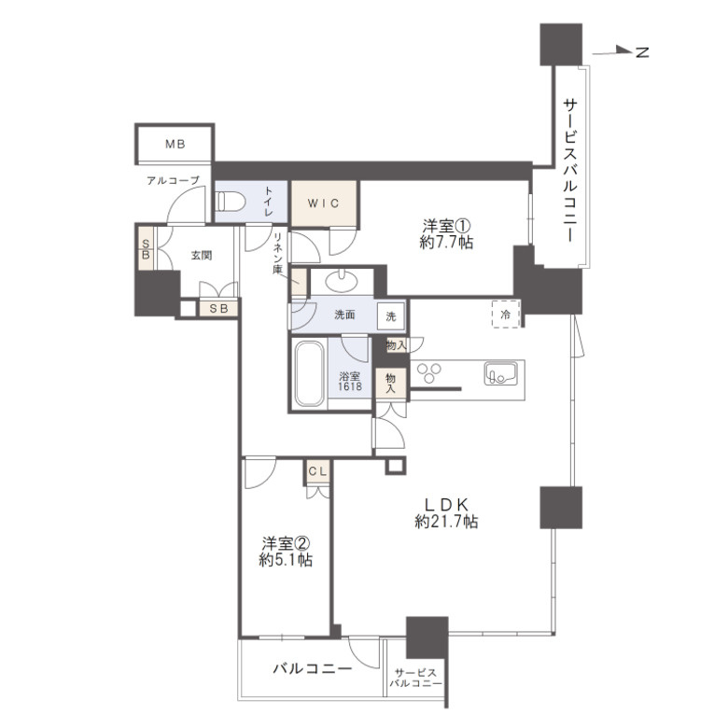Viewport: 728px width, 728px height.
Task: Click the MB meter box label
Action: (x=175, y=145)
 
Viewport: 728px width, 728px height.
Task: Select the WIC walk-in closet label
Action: (x=323, y=203)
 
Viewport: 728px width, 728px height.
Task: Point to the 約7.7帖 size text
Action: (x=446, y=243)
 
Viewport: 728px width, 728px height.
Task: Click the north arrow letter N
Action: (x=641, y=52)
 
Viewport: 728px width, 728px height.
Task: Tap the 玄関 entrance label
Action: (x=202, y=256)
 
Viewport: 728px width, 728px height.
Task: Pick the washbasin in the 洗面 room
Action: (x=342, y=281)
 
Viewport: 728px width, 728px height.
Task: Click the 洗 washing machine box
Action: (x=391, y=316)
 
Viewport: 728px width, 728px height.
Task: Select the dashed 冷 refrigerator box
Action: (x=506, y=315)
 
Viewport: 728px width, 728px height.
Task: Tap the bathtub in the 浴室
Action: (x=310, y=374)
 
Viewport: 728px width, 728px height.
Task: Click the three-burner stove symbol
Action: (x=429, y=373)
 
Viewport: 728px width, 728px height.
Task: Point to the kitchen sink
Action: (x=500, y=373)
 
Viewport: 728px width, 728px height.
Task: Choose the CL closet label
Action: (x=317, y=471)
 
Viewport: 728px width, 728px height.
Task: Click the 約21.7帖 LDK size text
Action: (x=446, y=522)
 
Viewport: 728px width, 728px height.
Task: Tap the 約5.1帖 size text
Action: (x=286, y=560)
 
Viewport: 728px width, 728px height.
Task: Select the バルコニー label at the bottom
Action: (x=312, y=668)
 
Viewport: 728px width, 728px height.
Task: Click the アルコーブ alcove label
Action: (x=173, y=180)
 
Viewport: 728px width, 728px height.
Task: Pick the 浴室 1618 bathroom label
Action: (x=350, y=381)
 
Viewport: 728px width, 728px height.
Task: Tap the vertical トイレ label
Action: (x=269, y=202)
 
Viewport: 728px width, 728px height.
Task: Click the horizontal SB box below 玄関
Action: (x=218, y=308)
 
